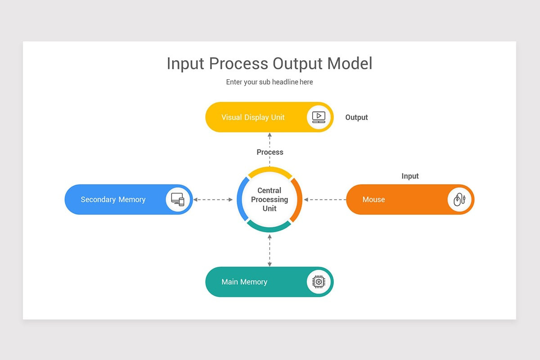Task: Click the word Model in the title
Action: tap(350, 63)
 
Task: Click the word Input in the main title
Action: tap(185, 64)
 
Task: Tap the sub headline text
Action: tap(269, 82)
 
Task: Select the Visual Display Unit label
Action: tap(253, 117)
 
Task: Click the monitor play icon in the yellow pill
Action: tap(319, 117)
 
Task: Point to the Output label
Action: tap(356, 117)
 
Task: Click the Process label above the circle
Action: tap(270, 152)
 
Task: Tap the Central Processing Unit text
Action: tap(270, 199)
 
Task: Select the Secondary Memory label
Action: tap(113, 199)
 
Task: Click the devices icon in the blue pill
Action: tap(178, 199)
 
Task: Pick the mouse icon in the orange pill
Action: tap(459, 199)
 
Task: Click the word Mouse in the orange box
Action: tap(373, 199)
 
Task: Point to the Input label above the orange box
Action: tap(410, 176)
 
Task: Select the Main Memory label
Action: tap(244, 282)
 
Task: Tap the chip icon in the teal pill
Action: tap(319, 282)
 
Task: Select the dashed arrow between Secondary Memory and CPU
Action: tap(213, 199)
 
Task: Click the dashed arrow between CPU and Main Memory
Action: tap(270, 250)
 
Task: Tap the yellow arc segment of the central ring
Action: tap(270, 170)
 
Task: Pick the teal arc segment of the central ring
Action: tap(270, 229)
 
